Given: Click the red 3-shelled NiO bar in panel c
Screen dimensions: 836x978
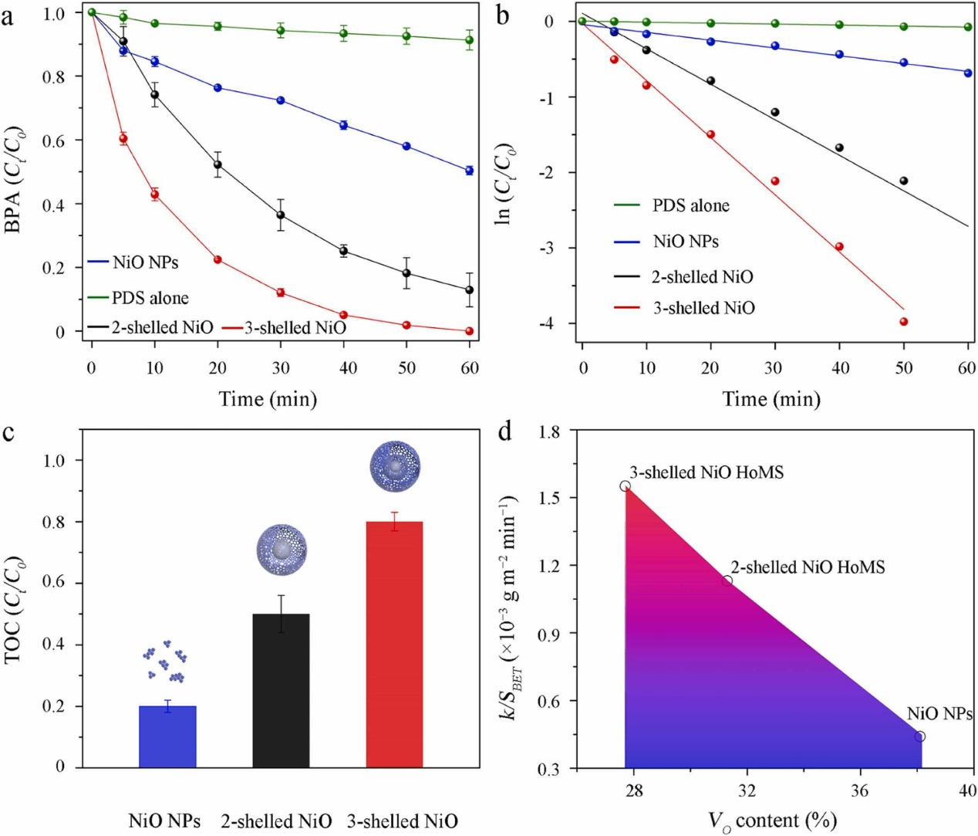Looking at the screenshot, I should pos(394,644).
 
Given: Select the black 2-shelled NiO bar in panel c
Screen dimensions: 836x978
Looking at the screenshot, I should pos(281,690).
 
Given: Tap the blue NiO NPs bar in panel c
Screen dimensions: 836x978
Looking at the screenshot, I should pos(167,736).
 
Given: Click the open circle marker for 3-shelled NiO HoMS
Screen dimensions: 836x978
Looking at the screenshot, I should pos(626,486).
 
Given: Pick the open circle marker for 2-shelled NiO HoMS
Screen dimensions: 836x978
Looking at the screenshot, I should pos(727,580).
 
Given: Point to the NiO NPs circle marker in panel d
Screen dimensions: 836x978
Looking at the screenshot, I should pos(919,736).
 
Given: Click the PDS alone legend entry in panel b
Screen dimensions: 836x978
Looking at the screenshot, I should pos(690,205).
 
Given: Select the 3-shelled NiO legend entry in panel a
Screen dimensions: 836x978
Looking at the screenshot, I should pos(295,328).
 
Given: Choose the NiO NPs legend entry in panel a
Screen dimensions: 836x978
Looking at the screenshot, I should pos(145,262).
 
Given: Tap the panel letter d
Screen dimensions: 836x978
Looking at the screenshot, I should pos(505,431).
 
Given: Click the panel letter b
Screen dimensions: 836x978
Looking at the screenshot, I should pos(503,15).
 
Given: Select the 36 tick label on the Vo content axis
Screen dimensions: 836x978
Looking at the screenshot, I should pos(859,790).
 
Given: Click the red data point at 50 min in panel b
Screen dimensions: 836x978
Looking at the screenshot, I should pos(903,322).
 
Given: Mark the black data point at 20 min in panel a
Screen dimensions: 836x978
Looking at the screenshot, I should pos(218,164).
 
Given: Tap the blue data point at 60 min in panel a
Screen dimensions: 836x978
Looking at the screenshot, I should pos(469,171).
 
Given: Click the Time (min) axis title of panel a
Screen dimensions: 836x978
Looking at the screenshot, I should pos(268,399).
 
